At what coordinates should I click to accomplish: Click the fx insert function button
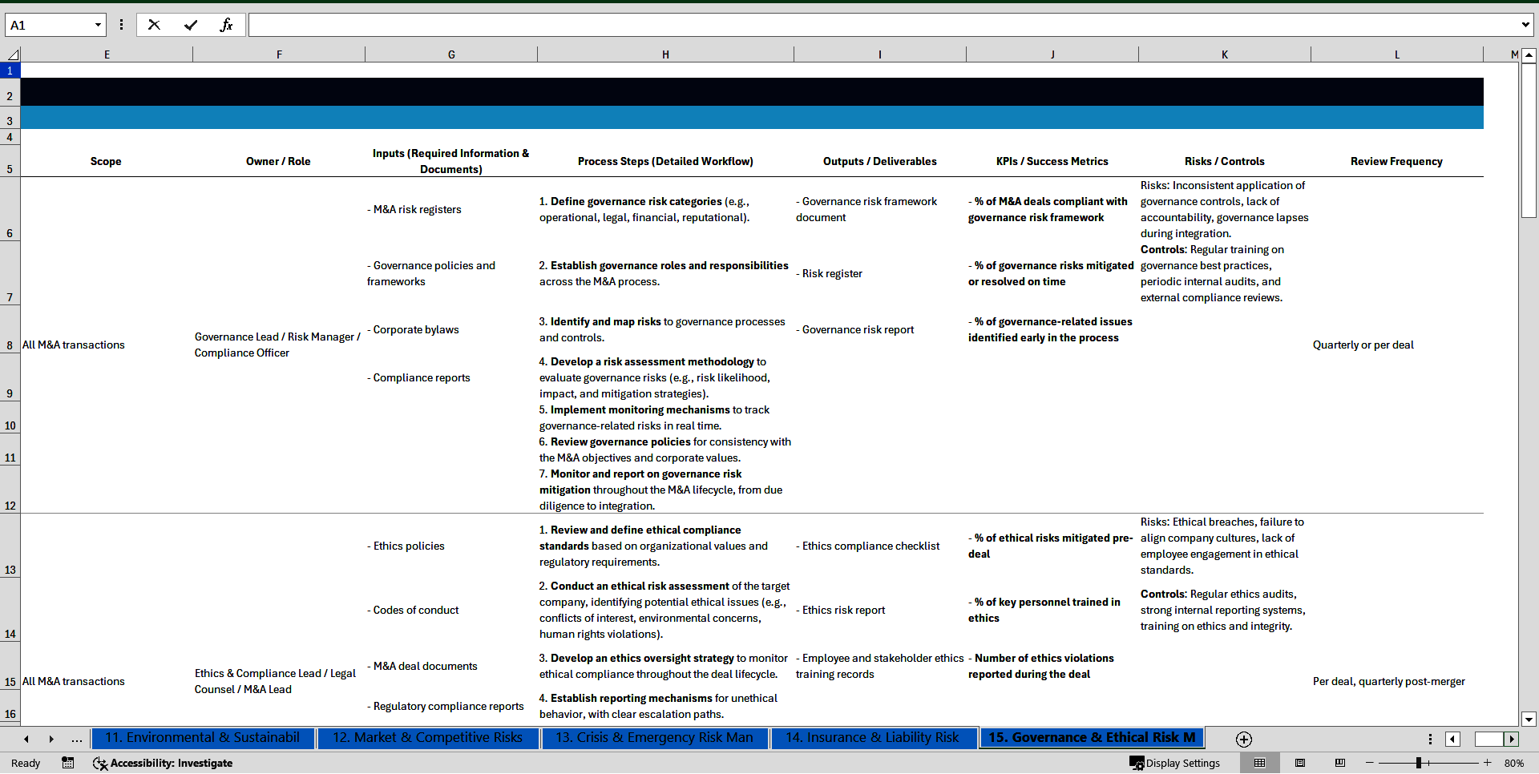pos(226,25)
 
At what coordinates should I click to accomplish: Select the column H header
pos(665,54)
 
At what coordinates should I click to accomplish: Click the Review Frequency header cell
pos(1396,161)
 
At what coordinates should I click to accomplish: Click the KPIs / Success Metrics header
pos(1052,161)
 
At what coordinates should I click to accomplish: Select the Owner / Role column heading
pos(278,161)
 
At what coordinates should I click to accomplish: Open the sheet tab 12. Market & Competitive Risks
pos(427,738)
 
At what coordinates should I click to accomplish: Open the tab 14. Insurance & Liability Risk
pos(872,738)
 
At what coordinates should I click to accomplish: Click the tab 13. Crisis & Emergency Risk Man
pos(654,738)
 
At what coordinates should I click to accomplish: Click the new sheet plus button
pos(1244,740)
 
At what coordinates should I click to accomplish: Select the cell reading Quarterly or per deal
pos(1363,345)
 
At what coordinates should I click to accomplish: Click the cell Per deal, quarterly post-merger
pos(1388,682)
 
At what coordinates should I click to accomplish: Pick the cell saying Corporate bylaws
pos(416,329)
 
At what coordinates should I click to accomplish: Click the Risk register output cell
pos(832,273)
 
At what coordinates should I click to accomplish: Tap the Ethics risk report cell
pos(843,610)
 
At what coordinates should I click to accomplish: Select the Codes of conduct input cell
pos(416,610)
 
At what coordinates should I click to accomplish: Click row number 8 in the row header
pos(10,345)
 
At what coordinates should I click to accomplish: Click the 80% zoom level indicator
pos(1513,763)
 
